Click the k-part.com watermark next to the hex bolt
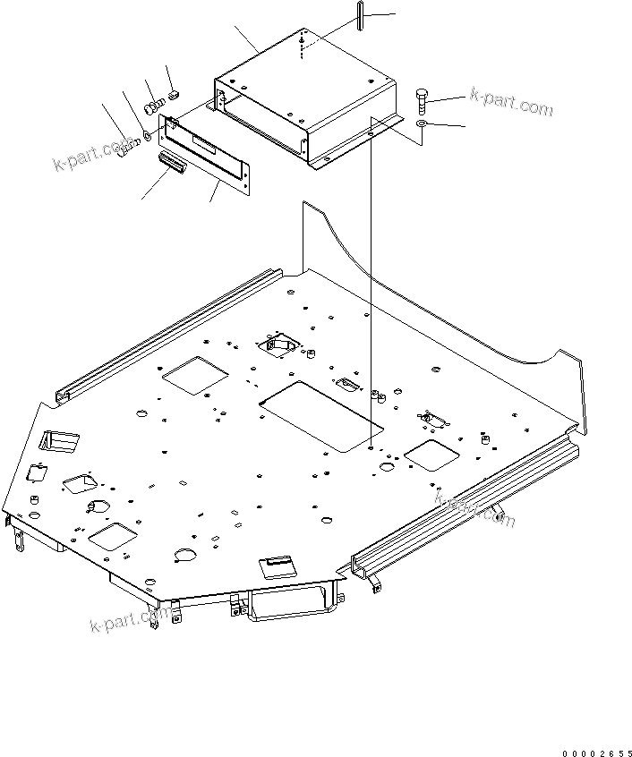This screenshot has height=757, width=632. (509, 103)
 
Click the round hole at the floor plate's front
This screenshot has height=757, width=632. (184, 556)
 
